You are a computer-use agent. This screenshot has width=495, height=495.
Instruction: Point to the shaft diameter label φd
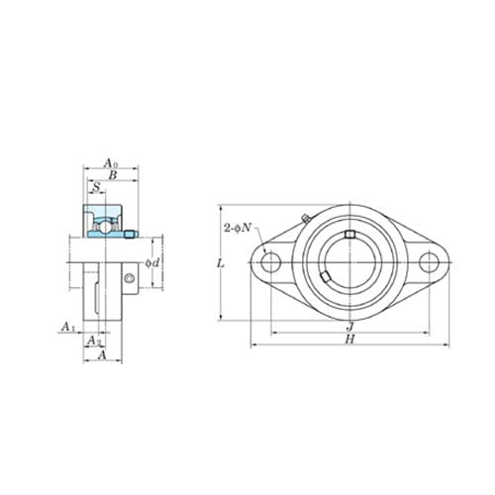(x=153, y=262)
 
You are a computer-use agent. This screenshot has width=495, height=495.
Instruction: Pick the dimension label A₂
(x=92, y=340)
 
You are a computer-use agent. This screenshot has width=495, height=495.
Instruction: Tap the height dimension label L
(x=220, y=263)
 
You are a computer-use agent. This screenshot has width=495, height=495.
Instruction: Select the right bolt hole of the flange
(x=428, y=262)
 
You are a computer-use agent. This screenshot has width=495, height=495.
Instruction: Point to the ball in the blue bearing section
(x=100, y=225)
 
